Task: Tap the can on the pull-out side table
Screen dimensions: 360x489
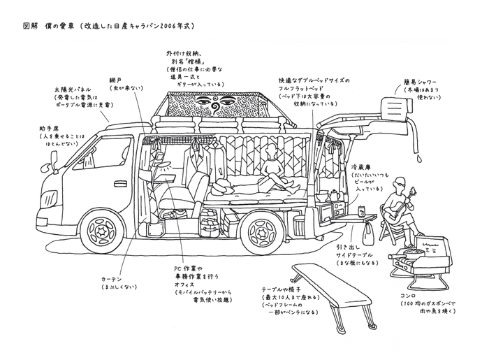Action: (361, 210)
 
